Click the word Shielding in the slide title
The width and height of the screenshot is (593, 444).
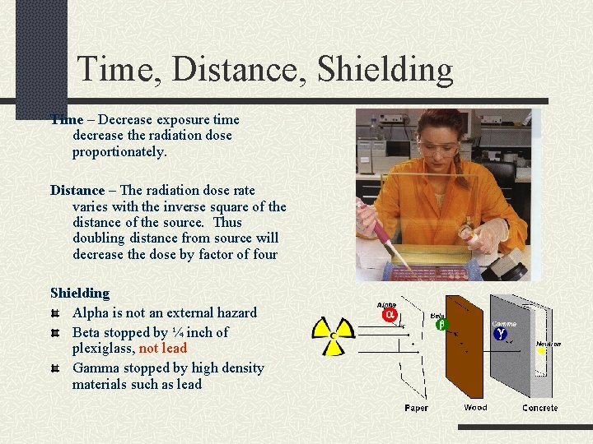click(385, 70)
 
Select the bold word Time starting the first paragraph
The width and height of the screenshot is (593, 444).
click(67, 119)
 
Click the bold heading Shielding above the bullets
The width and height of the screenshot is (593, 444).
click(80, 293)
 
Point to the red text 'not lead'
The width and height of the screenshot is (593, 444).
click(163, 349)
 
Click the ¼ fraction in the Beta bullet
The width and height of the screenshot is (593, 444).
click(179, 332)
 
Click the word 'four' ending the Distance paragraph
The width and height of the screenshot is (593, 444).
click(263, 254)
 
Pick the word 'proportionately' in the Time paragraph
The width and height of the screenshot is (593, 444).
click(119, 152)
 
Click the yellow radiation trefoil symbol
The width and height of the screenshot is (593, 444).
click(333, 331)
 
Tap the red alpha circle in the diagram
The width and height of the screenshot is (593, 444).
click(389, 315)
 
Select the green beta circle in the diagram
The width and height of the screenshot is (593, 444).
click(440, 325)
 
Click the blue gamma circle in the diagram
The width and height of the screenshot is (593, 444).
click(500, 334)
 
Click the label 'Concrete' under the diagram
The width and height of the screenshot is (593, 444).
click(539, 408)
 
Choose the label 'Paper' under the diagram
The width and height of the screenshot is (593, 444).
click(416, 408)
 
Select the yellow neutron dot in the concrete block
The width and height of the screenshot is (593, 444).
click(541, 351)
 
